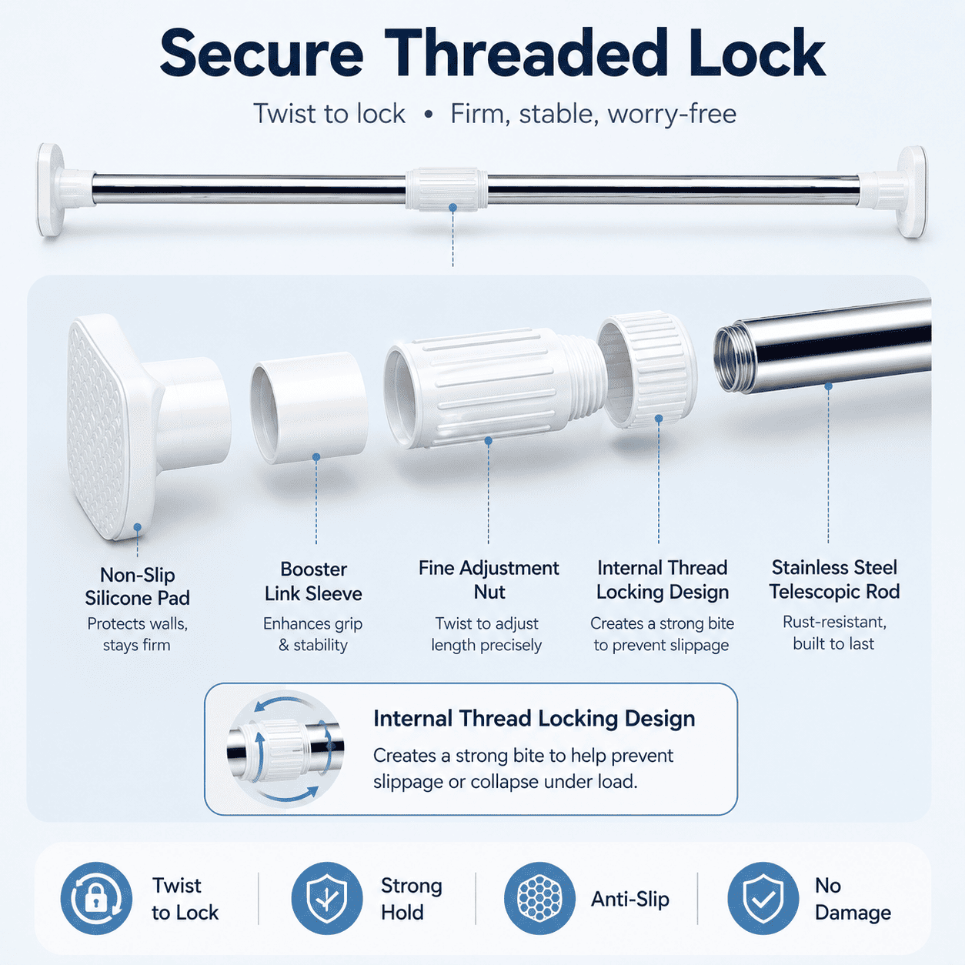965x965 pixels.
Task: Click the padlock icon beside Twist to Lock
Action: point(96,898)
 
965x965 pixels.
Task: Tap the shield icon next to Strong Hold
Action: point(327,898)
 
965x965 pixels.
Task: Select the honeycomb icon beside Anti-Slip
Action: point(540,898)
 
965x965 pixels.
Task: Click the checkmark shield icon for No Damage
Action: point(763,898)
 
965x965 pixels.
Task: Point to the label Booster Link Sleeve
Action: point(313,582)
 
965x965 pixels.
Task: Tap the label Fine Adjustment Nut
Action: point(489,580)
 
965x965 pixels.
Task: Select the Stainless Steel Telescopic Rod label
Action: point(834,579)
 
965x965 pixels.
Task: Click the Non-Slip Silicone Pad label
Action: point(137,586)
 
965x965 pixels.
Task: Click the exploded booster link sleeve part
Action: point(309,407)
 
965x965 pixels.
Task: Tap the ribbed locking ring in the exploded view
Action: point(646,369)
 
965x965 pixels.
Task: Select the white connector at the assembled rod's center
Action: point(446,189)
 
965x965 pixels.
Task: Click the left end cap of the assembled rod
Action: point(65,189)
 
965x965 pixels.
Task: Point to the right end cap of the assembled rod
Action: point(893,191)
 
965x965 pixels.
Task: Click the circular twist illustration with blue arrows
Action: point(285,750)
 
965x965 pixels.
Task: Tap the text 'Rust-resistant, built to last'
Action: point(834,633)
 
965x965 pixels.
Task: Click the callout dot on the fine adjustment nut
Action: point(488,441)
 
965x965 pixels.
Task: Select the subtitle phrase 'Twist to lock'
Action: point(329,114)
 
